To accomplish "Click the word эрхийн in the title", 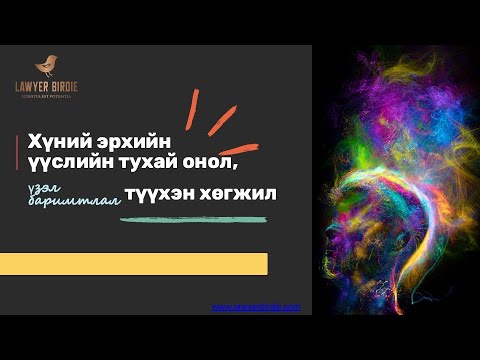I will (x=131, y=141).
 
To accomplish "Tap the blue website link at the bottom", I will (x=256, y=307).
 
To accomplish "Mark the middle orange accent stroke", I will (x=221, y=119).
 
